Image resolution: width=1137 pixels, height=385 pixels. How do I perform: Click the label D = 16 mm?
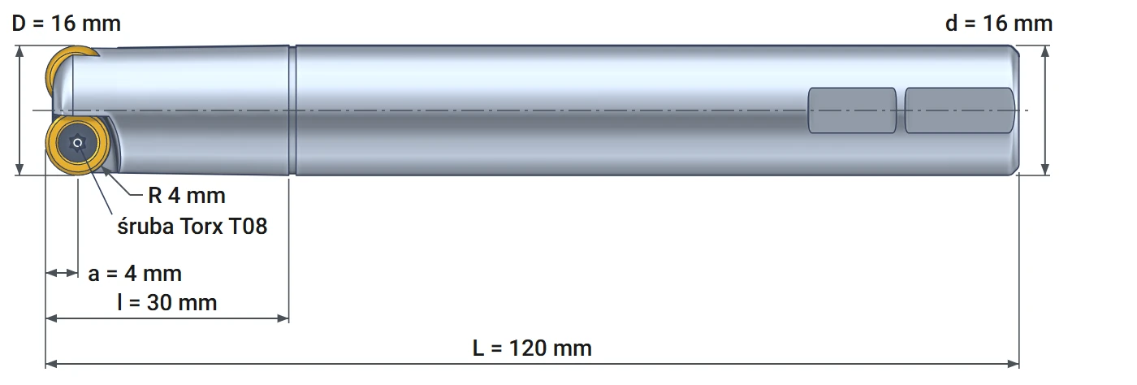coord(67,24)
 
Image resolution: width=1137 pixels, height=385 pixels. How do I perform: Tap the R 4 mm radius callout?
coord(186,196)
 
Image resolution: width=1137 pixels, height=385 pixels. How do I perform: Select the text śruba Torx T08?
coord(192,226)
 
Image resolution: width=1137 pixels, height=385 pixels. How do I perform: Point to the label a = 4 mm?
coord(135,273)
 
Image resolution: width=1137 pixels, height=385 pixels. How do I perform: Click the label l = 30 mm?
coord(167,303)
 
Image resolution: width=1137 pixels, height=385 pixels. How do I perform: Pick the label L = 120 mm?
coord(532,348)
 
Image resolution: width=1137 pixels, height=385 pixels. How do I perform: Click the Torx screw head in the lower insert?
coord(78,143)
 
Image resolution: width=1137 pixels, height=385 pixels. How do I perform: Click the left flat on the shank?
coord(852,110)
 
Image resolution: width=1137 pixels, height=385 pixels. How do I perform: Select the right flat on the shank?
coord(959,110)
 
